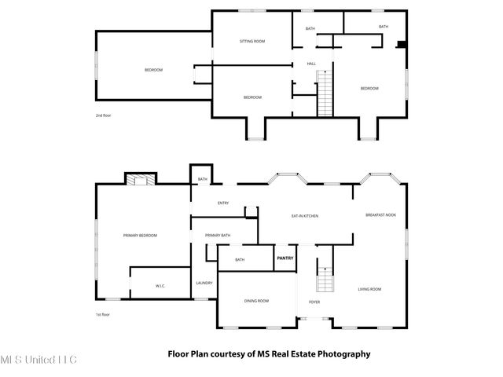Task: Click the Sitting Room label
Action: click(251, 41)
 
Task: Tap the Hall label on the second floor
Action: click(311, 64)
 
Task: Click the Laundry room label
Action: click(204, 283)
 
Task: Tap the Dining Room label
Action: click(256, 301)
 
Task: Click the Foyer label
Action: click(314, 302)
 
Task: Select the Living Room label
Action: click(369, 290)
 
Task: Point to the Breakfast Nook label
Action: click(380, 215)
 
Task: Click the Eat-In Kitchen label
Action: click(304, 216)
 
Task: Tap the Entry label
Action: click(223, 203)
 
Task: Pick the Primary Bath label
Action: click(218, 236)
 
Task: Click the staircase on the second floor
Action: click(325, 93)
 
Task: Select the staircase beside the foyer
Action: click(325, 280)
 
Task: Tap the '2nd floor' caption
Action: click(104, 115)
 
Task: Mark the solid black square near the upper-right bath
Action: click(402, 44)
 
